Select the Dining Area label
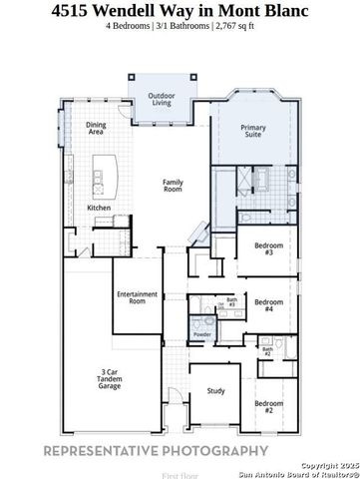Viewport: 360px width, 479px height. (x=96, y=128)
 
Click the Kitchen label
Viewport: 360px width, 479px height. (x=99, y=208)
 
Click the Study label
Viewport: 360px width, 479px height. (x=214, y=392)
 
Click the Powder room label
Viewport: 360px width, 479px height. (x=202, y=333)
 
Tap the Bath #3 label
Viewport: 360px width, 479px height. (x=231, y=301)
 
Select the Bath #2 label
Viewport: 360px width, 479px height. (x=266, y=352)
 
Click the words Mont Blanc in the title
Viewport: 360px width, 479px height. (x=268, y=11)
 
